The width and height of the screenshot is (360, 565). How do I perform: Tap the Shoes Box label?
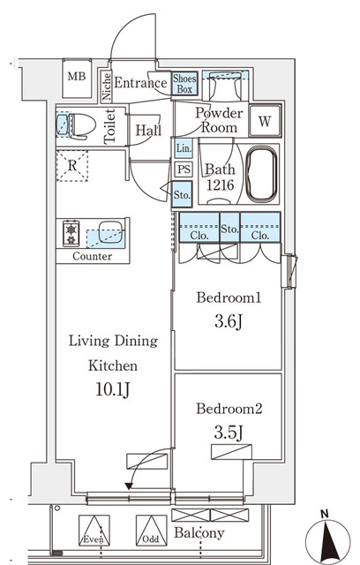[184, 83]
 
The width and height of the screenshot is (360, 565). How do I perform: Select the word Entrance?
[140, 84]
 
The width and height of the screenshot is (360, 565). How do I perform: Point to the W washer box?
[264, 120]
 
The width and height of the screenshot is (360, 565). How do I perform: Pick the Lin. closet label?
[183, 148]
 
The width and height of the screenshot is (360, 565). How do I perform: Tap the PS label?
[183, 169]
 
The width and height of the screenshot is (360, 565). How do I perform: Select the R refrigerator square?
[71, 166]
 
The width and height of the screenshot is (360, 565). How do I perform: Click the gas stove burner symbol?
[71, 234]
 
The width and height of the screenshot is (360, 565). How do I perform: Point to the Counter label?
[93, 257]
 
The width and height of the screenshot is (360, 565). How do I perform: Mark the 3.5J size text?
[228, 433]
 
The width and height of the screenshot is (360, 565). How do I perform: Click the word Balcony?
[199, 533]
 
